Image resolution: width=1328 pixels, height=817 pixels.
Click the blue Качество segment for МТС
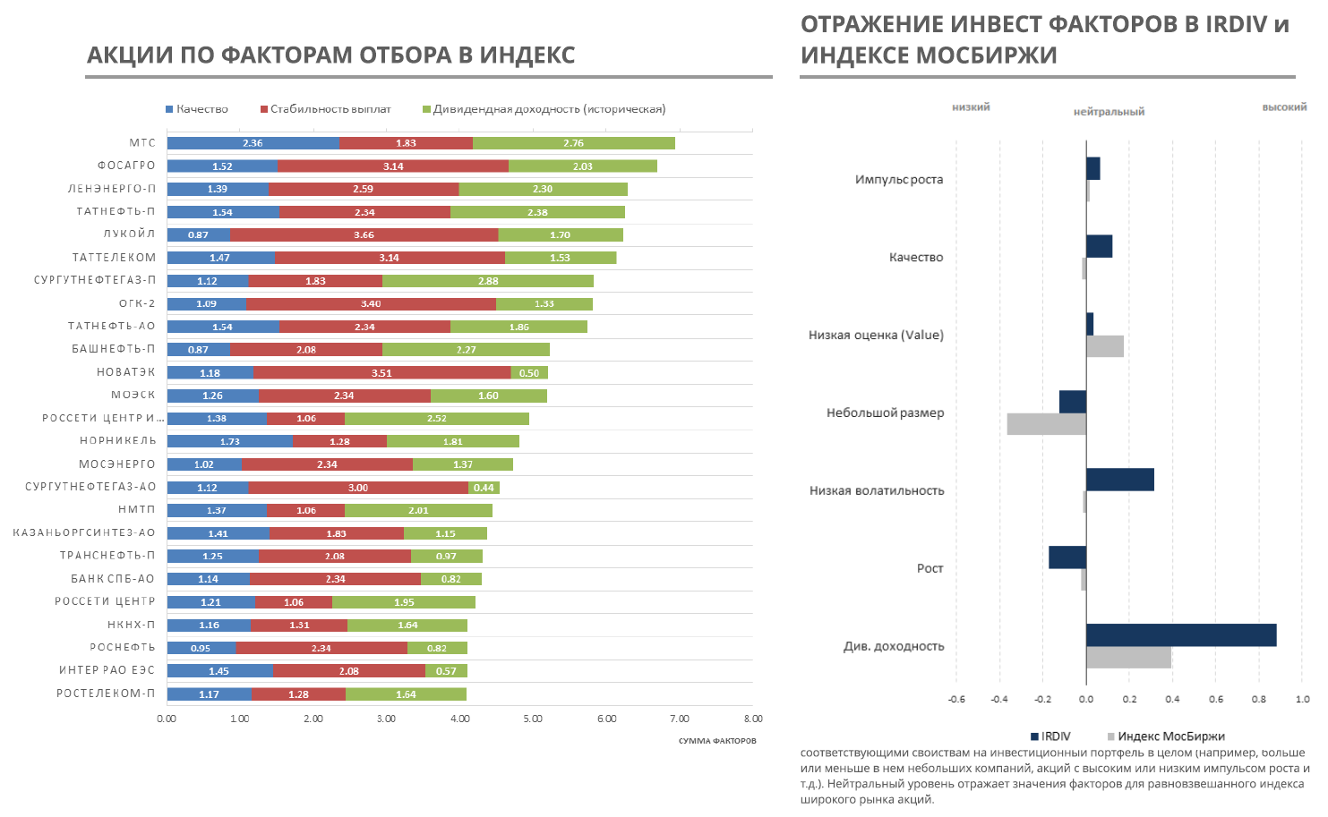click(253, 143)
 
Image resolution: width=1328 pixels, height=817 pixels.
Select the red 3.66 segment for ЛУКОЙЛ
click(364, 234)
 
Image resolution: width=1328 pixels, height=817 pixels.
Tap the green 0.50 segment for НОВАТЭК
click(529, 372)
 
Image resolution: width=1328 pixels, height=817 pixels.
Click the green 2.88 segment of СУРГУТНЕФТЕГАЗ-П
click(488, 281)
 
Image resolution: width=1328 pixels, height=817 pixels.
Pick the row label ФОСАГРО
click(126, 166)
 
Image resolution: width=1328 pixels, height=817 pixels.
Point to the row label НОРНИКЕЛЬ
click(117, 440)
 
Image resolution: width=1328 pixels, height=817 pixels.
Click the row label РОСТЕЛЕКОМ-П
click(106, 693)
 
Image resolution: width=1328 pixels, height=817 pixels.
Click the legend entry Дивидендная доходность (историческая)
click(549, 109)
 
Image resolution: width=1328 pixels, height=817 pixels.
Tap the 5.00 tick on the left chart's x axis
click(533, 719)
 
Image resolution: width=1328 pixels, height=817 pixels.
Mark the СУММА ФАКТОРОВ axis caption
click(716, 741)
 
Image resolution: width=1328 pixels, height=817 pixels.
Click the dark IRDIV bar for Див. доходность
click(1181, 635)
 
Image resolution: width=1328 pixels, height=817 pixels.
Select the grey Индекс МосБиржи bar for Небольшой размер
click(1046, 424)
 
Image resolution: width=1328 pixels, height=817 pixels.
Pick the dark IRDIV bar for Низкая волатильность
click(1119, 480)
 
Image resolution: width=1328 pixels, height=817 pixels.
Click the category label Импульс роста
click(898, 179)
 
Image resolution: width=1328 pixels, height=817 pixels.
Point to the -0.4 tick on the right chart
click(999, 699)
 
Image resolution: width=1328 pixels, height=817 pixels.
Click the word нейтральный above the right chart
click(1109, 112)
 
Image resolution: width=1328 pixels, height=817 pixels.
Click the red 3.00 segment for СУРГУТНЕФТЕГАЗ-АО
click(358, 488)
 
